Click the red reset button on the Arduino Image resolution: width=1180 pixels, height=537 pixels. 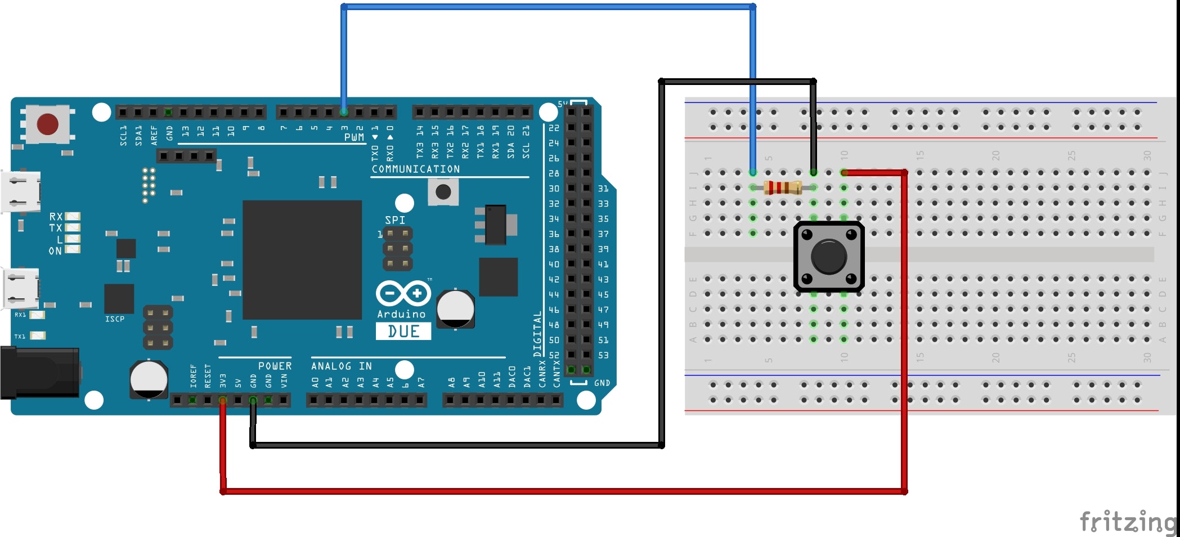click(x=47, y=124)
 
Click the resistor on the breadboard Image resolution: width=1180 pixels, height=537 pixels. click(x=783, y=187)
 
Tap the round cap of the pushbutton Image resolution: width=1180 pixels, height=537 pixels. click(x=828, y=257)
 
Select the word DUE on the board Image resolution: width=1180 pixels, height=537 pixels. click(x=403, y=332)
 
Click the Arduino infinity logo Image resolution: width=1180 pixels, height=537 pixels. click(x=403, y=293)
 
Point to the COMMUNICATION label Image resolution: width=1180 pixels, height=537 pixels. click(x=415, y=169)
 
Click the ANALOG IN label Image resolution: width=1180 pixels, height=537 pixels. click(x=342, y=366)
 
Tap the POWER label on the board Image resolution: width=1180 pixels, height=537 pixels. click(x=275, y=366)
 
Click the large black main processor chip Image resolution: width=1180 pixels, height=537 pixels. click(x=302, y=259)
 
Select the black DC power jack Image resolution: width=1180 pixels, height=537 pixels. click(x=39, y=373)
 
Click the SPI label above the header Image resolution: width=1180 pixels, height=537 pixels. click(x=394, y=220)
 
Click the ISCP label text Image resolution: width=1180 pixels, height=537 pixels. click(x=115, y=319)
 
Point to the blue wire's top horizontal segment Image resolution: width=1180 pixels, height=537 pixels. click(x=549, y=7)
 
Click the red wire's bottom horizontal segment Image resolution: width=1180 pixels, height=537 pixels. click(x=563, y=491)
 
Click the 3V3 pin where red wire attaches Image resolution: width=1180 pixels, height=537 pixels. click(x=223, y=400)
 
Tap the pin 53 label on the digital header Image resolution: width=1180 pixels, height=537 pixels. click(x=603, y=355)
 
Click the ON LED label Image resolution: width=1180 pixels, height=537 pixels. click(x=55, y=251)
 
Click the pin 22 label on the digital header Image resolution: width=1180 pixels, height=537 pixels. click(x=554, y=128)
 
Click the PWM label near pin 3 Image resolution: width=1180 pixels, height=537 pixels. click(x=354, y=137)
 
